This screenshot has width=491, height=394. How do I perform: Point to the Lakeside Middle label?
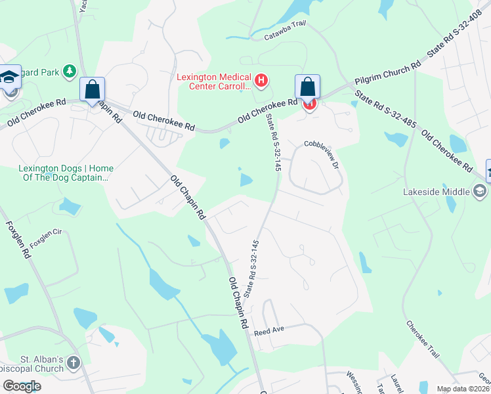435,192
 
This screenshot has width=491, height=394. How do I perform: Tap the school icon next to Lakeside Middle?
480,191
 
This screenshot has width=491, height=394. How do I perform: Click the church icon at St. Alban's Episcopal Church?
74,362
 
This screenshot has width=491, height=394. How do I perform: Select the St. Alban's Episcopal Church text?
32,365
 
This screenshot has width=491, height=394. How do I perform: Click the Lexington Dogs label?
66,173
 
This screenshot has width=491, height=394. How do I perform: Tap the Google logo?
22,386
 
